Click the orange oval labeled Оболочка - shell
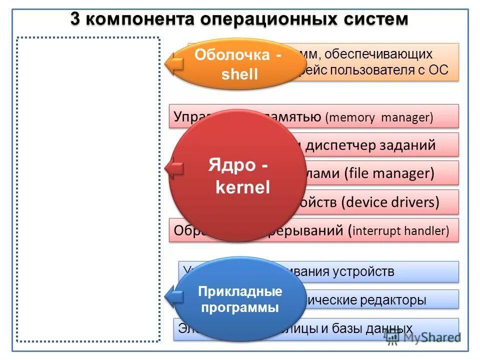click(237, 64)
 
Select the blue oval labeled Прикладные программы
click(240, 299)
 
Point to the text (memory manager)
click(378, 117)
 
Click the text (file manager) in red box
click(388, 173)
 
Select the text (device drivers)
click(390, 202)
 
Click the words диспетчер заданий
click(370, 145)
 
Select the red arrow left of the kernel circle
click(174, 168)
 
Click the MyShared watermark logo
click(422, 337)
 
